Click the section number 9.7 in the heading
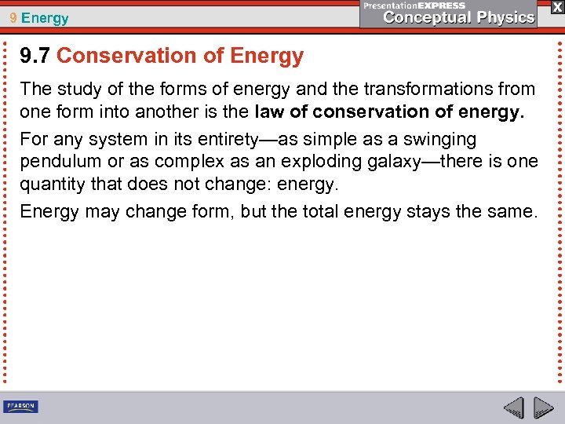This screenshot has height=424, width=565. point(35,57)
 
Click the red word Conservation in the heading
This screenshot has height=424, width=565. point(129,57)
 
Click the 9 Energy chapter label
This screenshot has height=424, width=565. point(40,17)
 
